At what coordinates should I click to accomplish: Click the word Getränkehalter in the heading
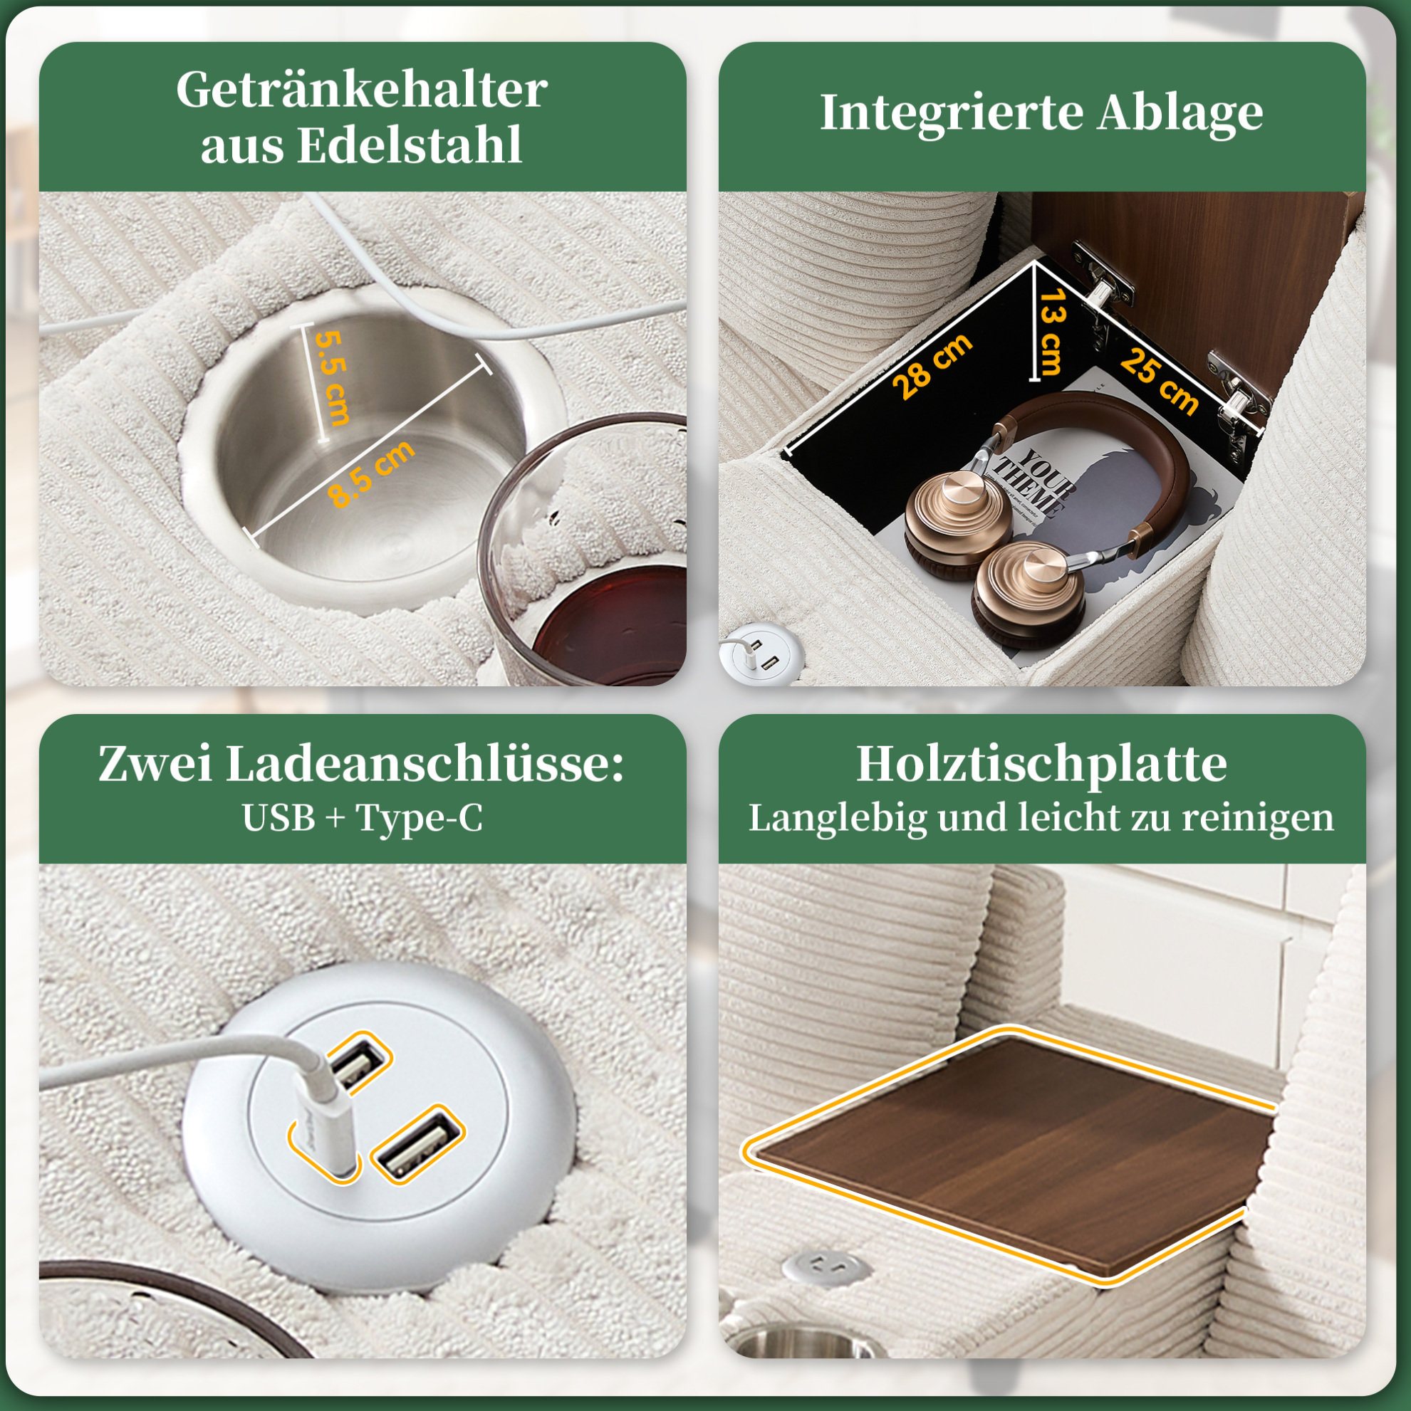pos(362,90)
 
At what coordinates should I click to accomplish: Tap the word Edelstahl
pos(410,145)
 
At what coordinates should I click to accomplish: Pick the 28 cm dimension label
pos(933,365)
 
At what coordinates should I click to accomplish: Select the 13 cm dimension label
pos(1052,332)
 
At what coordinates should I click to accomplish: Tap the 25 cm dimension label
pos(1159,382)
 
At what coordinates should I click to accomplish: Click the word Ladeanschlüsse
pos(425,765)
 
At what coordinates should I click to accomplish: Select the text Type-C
pos(420,818)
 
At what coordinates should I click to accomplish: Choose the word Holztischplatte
pos(1041,765)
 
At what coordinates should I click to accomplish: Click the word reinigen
pos(1259,818)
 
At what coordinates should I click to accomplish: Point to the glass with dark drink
pos(585,555)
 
